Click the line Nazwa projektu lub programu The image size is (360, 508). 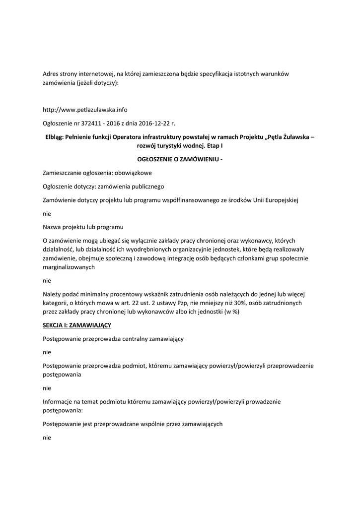(x=83, y=227)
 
